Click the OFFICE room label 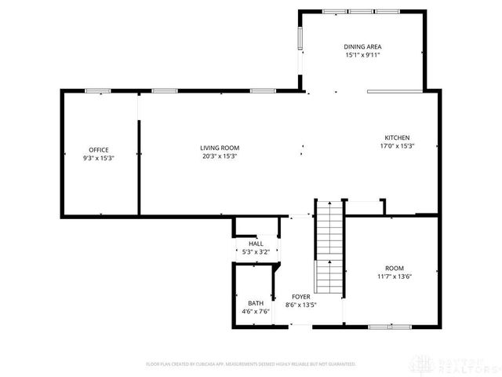(98, 149)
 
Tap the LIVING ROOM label (219, 148)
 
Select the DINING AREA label (362, 47)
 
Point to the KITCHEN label (396, 137)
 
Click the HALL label (256, 243)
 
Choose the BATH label (256, 303)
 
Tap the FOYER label (300, 296)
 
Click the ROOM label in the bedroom (394, 268)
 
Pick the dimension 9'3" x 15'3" (98, 157)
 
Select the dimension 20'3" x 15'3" (219, 156)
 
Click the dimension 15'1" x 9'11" (362, 56)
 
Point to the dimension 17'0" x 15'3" (396, 145)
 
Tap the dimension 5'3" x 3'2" (256, 251)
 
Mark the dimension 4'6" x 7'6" (256, 311)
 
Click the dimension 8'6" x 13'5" (300, 305)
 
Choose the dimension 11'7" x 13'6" (394, 276)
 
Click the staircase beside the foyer (329, 247)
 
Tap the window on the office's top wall (96, 90)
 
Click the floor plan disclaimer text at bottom (251, 364)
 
